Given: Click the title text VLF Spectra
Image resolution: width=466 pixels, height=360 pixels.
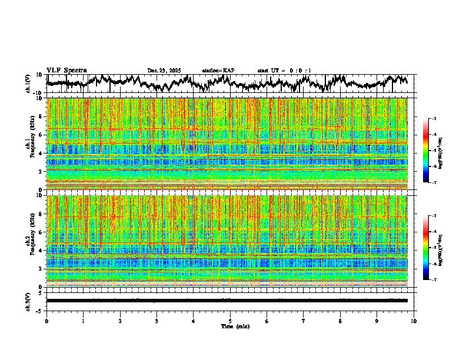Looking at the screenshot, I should [x=66, y=70].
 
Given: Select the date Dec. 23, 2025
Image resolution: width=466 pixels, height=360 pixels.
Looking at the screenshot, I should [x=164, y=71].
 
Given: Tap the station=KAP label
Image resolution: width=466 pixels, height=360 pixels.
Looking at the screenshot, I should [x=218, y=71].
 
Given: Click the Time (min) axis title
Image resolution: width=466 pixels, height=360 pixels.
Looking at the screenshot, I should [x=235, y=326].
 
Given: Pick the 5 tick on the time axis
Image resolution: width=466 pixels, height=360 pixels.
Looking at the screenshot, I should [x=230, y=321].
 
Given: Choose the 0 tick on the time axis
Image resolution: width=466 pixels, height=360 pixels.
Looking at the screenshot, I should [x=46, y=321].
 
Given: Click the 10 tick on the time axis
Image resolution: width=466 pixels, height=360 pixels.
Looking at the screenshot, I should [x=414, y=321].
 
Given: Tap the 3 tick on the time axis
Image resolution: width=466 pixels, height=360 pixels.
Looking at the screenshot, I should [x=157, y=321].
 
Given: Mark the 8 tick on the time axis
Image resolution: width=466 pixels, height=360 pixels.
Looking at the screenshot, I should [x=340, y=321].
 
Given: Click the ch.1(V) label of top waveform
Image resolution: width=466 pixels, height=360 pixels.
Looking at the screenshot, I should [x=29, y=84].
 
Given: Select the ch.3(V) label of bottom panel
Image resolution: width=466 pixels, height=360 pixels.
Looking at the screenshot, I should [x=29, y=301].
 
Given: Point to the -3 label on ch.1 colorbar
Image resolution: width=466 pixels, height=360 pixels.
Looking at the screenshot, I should [x=434, y=119].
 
